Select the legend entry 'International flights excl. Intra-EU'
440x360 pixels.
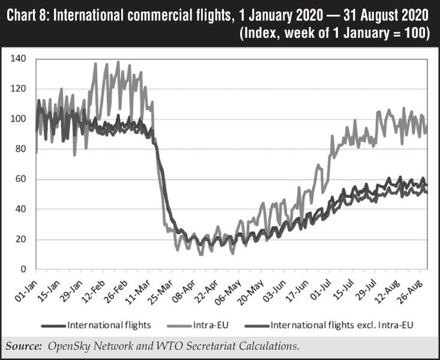(x=340, y=326)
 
